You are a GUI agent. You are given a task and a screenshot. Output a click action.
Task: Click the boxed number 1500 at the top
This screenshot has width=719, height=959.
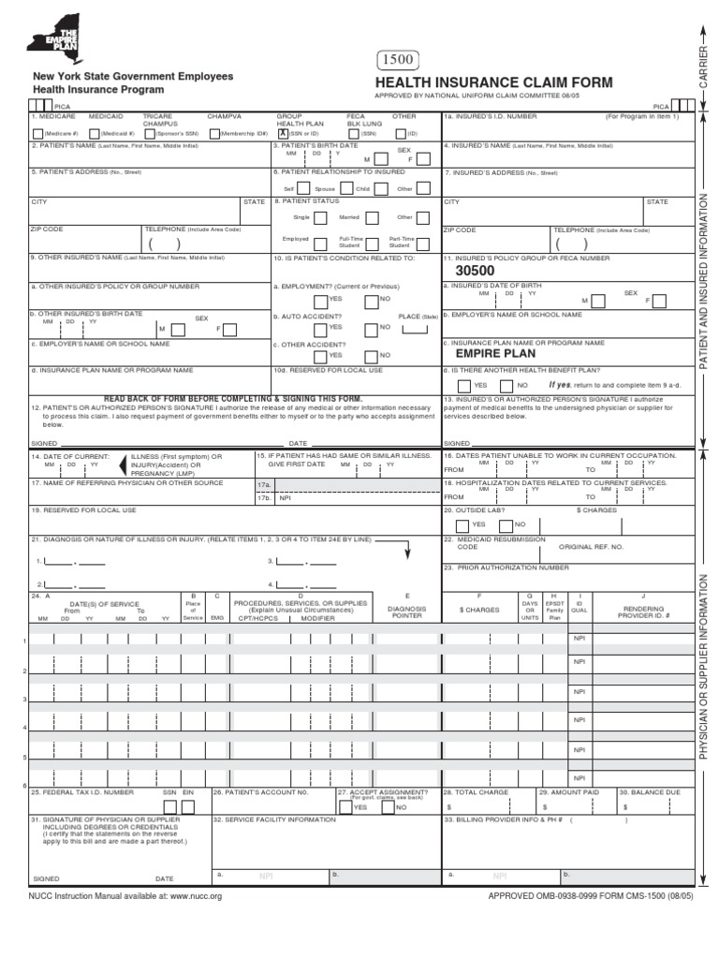[x=397, y=62]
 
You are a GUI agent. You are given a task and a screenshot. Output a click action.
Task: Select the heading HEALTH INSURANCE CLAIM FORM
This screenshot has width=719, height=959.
[x=493, y=83]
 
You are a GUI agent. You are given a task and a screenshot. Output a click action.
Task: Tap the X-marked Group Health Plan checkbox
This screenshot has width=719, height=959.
[x=283, y=133]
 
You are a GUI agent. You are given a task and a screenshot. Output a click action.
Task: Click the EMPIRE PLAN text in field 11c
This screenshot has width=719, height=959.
[x=495, y=354]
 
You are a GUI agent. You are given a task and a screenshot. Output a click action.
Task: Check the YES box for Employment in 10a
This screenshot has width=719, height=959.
[x=322, y=299]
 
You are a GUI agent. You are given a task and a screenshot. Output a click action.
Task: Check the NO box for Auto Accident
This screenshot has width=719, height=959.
[x=372, y=328]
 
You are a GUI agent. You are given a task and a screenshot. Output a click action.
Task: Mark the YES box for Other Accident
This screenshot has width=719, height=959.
[x=322, y=356]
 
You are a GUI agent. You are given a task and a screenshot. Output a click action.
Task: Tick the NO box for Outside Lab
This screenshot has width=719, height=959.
[x=508, y=524]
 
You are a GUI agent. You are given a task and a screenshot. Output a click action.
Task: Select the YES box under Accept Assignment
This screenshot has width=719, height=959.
[x=346, y=806]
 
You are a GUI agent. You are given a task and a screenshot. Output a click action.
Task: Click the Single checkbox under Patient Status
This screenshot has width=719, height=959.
[x=318, y=216]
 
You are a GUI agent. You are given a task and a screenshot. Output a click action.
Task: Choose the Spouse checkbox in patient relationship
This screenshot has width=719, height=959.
[x=345, y=188]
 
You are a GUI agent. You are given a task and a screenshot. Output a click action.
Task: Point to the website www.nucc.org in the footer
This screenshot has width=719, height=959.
[x=195, y=896]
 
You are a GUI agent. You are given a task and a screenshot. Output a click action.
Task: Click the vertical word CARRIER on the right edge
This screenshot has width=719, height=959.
[x=703, y=66]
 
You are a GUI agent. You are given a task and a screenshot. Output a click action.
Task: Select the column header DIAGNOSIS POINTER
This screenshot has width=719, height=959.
[x=406, y=612]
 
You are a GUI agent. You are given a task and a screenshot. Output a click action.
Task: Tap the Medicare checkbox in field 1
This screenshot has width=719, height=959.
[x=37, y=133]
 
